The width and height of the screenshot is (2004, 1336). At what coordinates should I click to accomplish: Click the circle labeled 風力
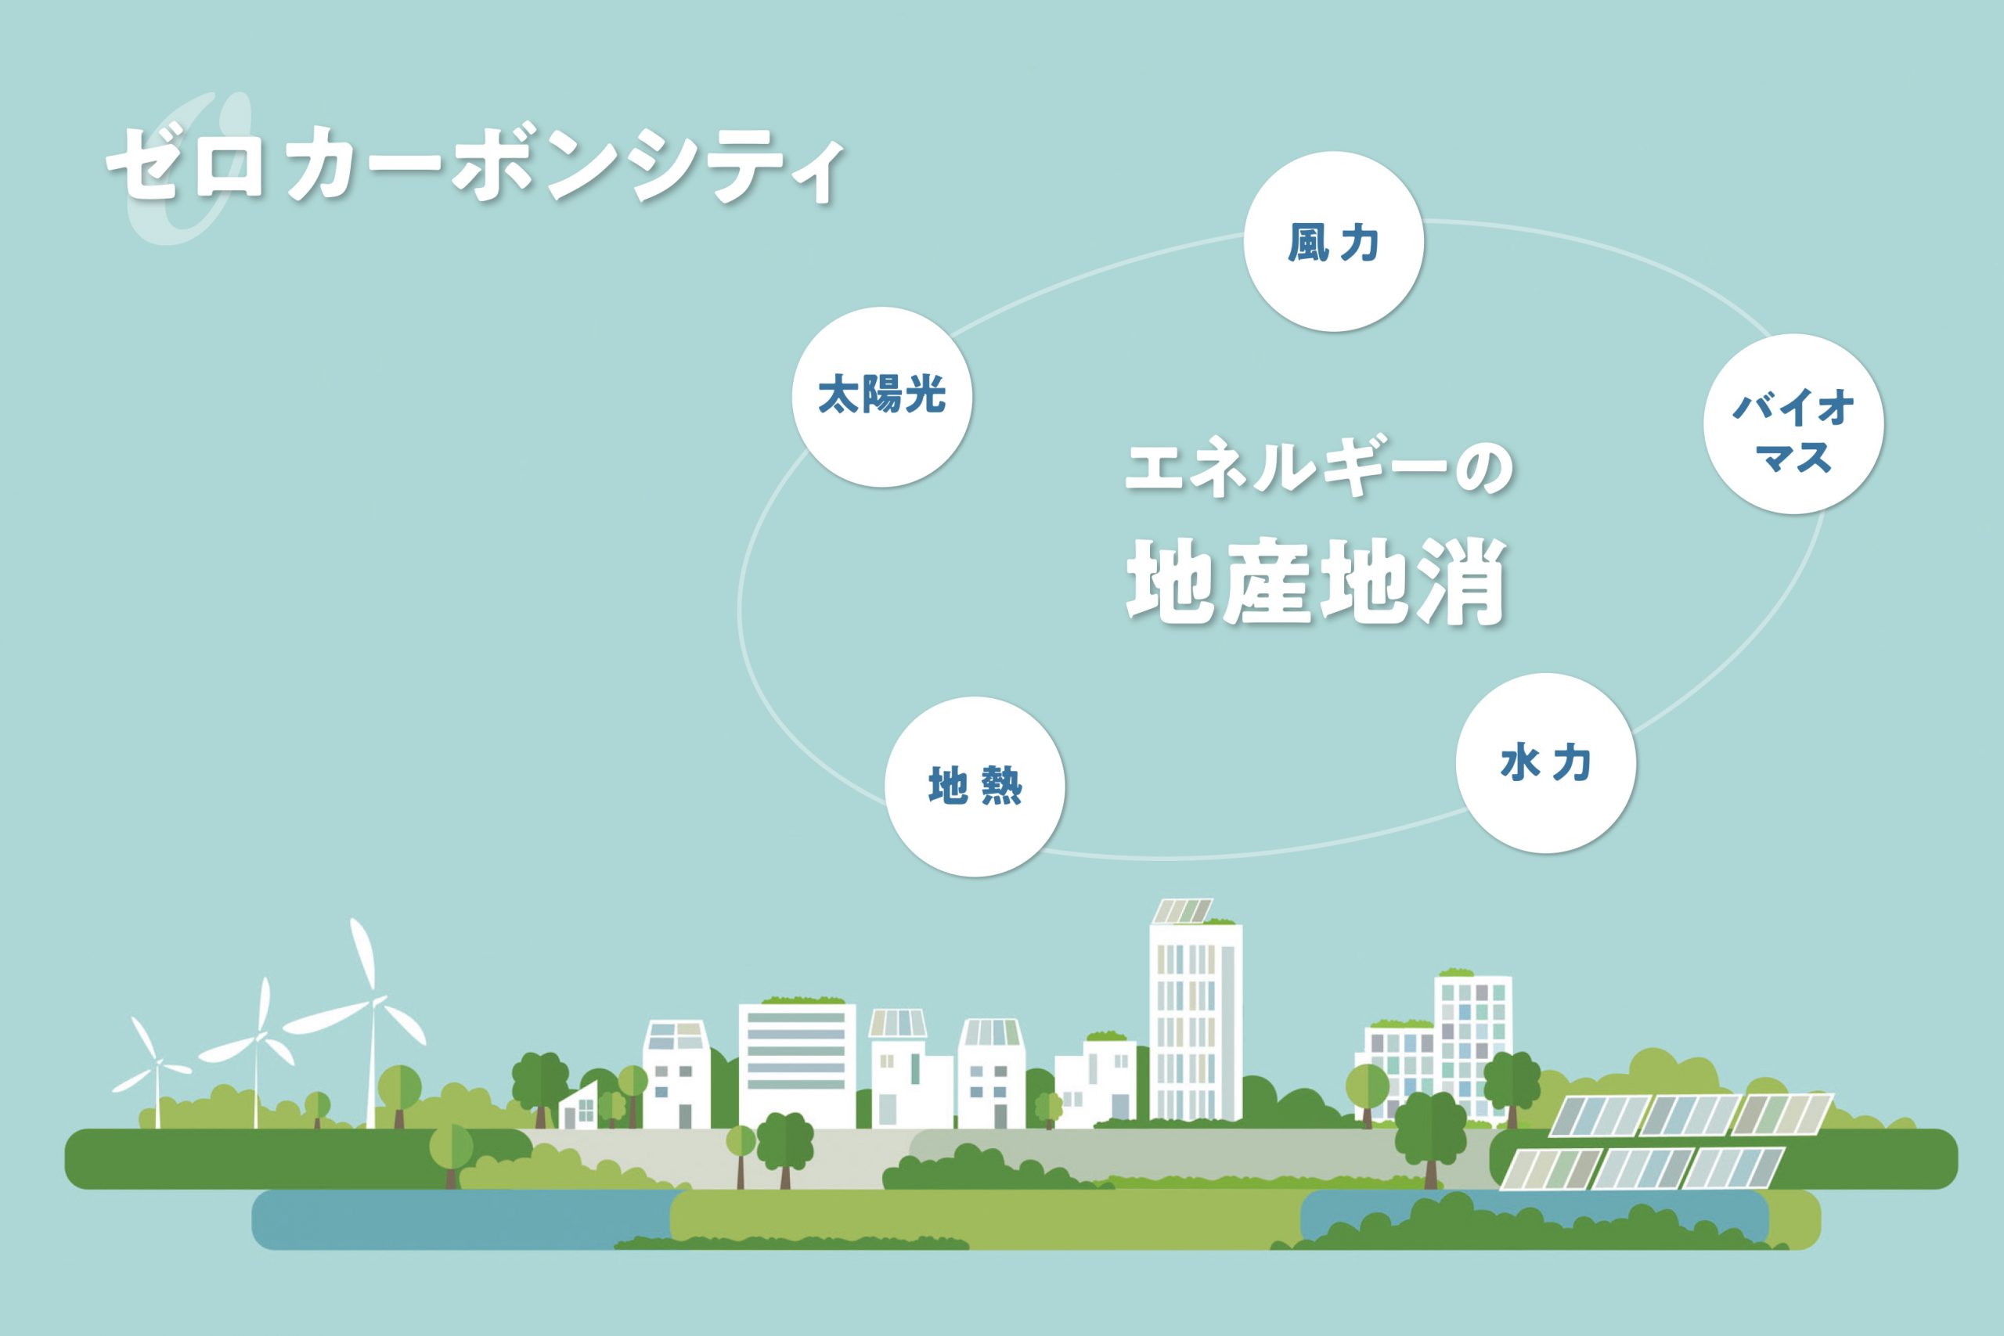tap(1333, 241)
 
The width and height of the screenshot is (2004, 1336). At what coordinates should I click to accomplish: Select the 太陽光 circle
tap(882, 397)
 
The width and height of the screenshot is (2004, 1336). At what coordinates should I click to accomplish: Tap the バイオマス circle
tap(1793, 423)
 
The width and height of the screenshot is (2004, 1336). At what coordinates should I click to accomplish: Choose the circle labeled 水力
tap(1545, 762)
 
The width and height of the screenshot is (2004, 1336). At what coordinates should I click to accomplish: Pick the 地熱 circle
tap(975, 787)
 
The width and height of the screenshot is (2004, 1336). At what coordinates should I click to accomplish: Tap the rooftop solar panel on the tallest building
tap(1182, 911)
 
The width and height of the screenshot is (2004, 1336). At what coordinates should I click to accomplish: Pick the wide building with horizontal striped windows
tap(797, 1065)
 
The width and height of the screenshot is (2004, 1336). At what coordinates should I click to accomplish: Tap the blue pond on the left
tap(464, 1219)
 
